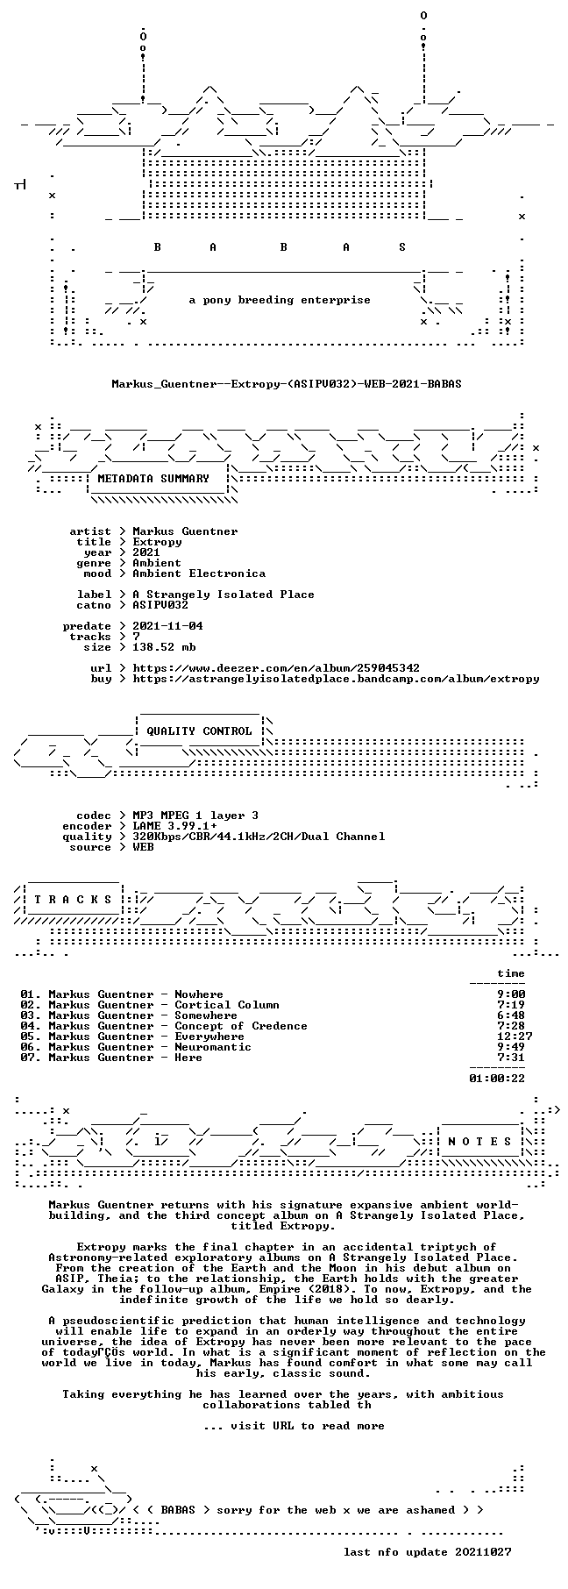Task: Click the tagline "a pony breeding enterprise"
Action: click(280, 300)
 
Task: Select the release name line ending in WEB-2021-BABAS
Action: click(287, 384)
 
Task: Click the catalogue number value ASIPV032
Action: click(160, 605)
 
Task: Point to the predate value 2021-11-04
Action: click(167, 626)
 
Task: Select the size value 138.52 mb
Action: click(164, 647)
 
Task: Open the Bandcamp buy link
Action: click(336, 679)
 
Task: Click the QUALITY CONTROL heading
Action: click(199, 731)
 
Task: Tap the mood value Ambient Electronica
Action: click(199, 574)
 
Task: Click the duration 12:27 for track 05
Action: click(515, 1037)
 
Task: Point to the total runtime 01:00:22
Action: click(497, 1079)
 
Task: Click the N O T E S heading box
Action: click(479, 1142)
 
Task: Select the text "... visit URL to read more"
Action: click(294, 1426)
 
